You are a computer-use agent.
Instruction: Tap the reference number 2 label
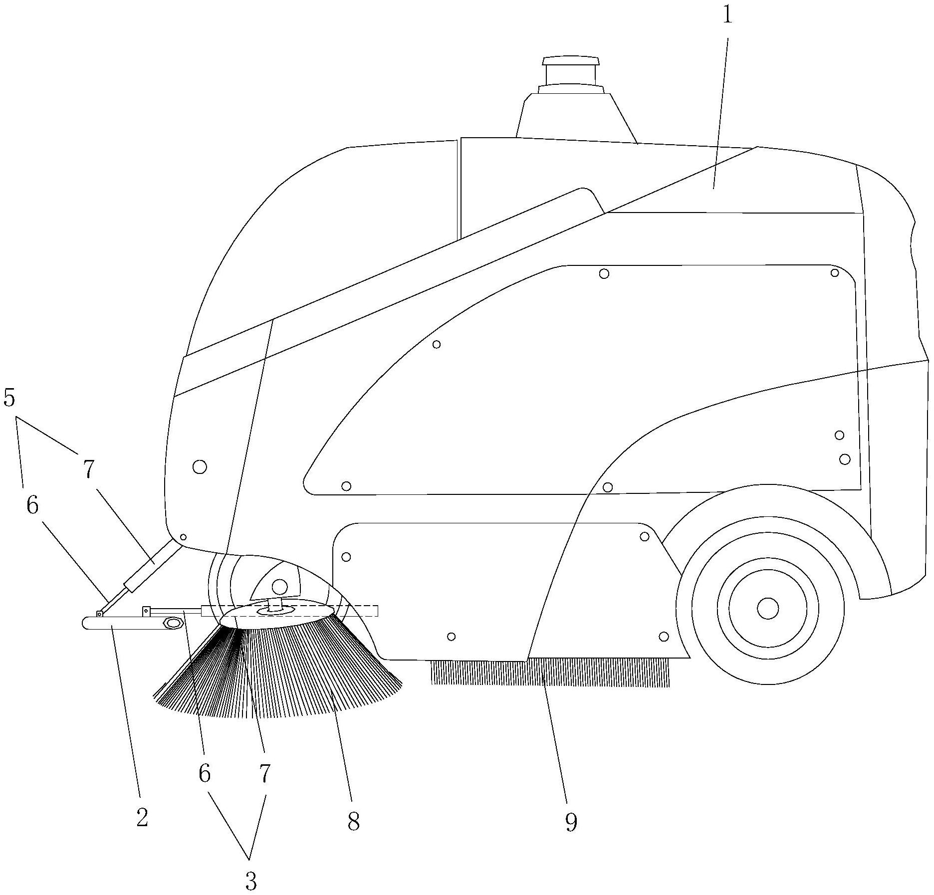coord(142,817)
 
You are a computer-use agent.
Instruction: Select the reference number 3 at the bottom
coord(250,881)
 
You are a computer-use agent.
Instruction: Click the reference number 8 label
coord(353,821)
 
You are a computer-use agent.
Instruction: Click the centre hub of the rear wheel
coord(767,608)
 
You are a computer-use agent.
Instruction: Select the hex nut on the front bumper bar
coord(173,623)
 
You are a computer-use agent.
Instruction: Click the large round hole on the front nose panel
coord(200,467)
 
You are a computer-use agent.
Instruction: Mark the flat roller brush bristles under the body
coord(549,673)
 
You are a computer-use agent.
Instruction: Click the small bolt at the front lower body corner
coord(183,537)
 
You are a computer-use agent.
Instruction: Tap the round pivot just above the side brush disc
coord(280,586)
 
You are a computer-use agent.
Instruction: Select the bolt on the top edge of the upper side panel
coord(604,273)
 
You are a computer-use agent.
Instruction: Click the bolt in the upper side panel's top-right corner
coord(835,272)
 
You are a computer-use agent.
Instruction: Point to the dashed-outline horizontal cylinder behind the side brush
coord(289,611)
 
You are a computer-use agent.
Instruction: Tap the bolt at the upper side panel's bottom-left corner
coord(346,486)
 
